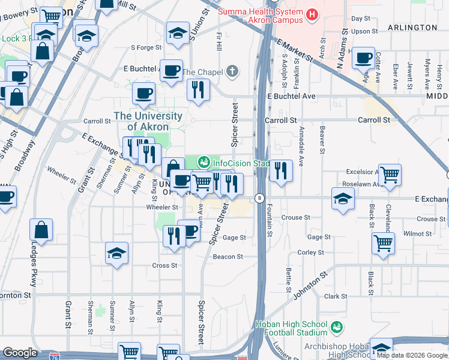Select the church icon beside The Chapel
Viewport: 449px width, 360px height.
click(232, 71)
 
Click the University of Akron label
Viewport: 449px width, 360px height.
click(148, 121)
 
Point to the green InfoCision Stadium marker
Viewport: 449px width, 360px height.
click(204, 162)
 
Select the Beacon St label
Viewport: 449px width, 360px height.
click(228, 257)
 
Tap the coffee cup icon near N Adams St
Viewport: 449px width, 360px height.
click(364, 59)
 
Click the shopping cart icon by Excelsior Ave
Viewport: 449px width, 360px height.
click(390, 175)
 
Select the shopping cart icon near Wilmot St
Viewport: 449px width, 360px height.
click(384, 244)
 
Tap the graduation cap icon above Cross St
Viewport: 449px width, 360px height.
click(116, 254)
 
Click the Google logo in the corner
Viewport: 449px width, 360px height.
click(20, 353)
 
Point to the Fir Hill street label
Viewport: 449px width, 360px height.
click(218, 41)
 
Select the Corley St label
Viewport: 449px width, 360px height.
click(311, 253)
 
